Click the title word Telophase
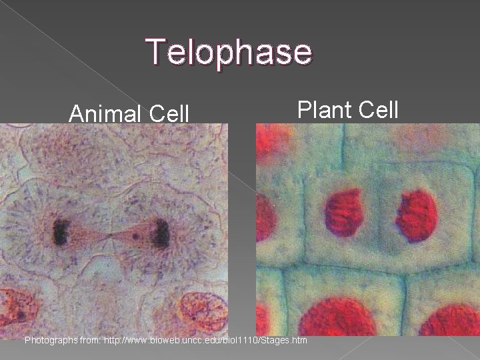229,52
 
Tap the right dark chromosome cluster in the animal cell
160,233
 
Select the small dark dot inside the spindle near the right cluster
136,235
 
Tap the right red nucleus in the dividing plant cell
417,215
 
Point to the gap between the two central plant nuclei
380,213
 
